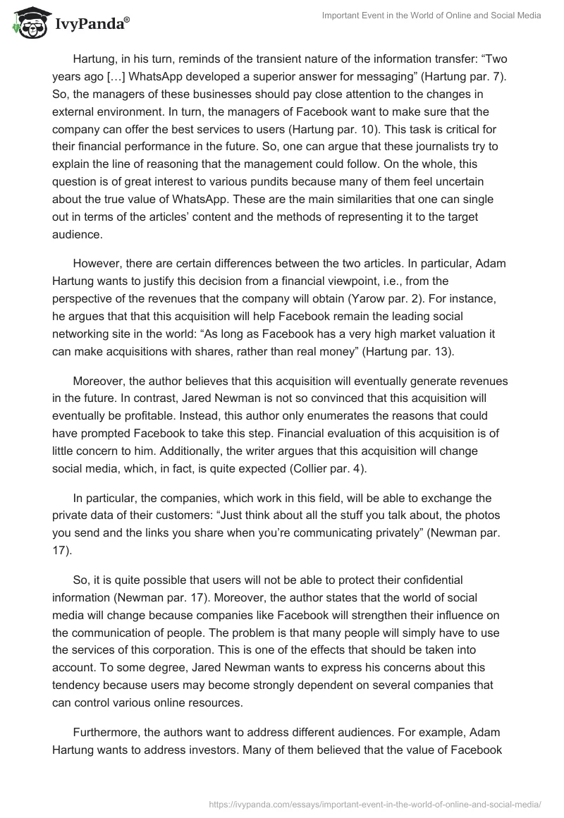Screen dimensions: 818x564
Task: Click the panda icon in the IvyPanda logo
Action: [x=27, y=23]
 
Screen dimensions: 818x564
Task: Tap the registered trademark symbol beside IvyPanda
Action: [x=127, y=20]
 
